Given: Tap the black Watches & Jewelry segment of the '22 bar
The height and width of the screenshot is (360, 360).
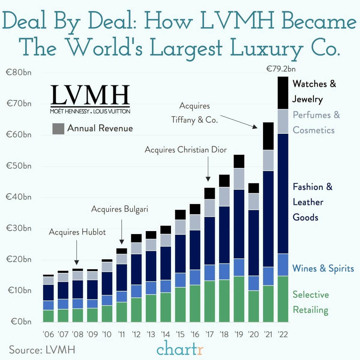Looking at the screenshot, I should [283, 93].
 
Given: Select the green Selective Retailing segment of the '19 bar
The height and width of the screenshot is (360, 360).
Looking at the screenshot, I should [239, 299].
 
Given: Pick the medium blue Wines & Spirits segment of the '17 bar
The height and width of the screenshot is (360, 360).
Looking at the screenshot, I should [209, 273].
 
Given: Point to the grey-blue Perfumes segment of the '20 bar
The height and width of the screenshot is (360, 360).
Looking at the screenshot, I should [254, 201].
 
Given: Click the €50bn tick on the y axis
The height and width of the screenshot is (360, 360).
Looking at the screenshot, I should [19, 166].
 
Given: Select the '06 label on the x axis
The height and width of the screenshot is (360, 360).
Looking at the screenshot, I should [48, 334].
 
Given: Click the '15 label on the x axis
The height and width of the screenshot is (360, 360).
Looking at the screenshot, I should [180, 334].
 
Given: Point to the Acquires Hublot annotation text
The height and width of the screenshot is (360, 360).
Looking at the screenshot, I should [77, 232].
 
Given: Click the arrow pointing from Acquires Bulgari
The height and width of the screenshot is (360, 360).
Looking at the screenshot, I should [122, 232].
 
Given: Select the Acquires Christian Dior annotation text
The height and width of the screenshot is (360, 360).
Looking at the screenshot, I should [185, 150].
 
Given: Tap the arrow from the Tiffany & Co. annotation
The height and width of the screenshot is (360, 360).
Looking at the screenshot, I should [239, 122].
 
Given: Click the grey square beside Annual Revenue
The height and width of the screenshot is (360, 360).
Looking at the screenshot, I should [58, 129].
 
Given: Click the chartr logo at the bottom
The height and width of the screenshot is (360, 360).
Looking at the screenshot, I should [180, 349].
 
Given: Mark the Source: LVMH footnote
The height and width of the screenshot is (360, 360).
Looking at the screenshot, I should [42, 350].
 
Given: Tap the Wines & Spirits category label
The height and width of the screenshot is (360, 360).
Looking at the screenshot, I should [323, 268].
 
